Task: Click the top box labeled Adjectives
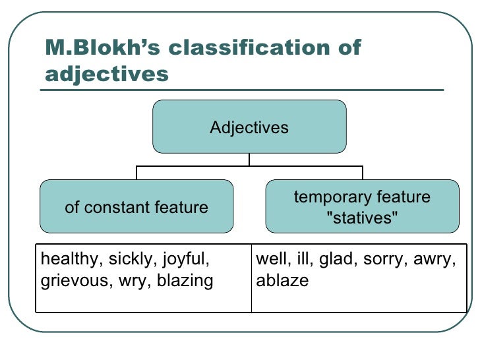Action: pos(249,127)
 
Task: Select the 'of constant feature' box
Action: pos(136,207)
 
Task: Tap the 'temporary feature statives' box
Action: pos(362,206)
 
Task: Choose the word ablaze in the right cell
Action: pos(282,281)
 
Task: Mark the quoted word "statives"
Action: pos(362,218)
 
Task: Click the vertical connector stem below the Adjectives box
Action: pos(249,160)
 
